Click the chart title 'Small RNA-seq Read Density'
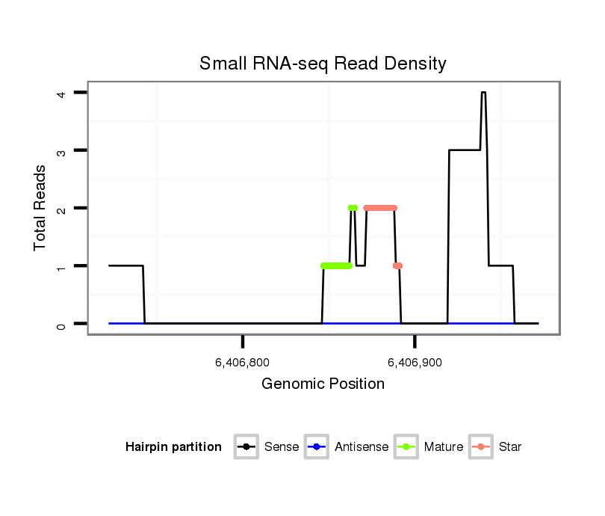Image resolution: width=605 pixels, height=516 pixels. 323,64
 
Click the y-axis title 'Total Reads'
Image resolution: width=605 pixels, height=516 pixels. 40,207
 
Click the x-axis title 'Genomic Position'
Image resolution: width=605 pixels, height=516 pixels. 323,384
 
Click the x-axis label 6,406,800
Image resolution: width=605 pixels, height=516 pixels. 242,363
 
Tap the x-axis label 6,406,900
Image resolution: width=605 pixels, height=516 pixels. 415,363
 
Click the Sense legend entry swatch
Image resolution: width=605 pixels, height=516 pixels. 246,447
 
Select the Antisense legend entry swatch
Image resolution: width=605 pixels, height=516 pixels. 317,447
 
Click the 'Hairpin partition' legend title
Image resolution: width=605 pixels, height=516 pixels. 173,447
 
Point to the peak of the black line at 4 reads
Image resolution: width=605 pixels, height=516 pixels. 484,93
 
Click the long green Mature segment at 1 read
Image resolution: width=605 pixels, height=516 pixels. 336,265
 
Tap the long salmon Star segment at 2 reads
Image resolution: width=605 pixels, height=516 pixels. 380,208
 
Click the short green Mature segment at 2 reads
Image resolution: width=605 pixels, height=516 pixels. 353,208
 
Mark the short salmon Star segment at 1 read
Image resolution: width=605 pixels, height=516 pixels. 397,265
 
